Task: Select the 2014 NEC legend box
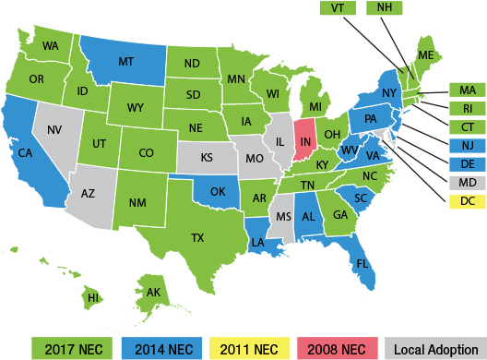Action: coord(162,349)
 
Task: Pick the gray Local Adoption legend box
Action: coord(434,349)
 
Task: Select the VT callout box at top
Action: coord(338,7)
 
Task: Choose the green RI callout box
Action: coord(468,108)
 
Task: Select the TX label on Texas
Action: coord(196,237)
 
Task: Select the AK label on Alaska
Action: coord(153,293)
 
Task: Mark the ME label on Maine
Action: coord(425,56)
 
